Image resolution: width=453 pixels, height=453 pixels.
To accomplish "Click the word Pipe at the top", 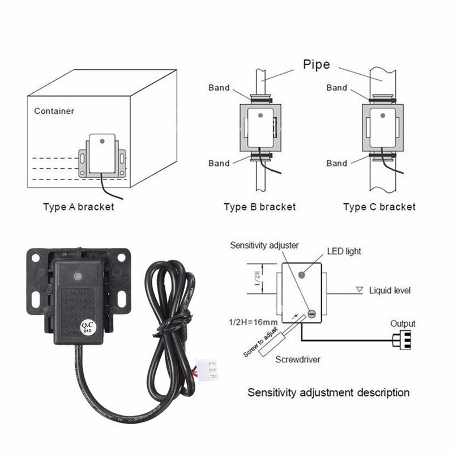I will (316, 65).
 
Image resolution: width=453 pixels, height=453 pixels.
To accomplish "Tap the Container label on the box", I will (54, 111).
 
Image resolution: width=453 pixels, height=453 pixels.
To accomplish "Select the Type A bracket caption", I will (78, 207).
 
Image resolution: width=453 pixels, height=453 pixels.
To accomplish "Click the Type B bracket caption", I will (259, 207).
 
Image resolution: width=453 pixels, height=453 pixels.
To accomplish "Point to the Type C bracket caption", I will (379, 207).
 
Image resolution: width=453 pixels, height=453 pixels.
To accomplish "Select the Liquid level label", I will (390, 290).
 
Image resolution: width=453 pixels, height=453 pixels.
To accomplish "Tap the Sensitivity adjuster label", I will (264, 245).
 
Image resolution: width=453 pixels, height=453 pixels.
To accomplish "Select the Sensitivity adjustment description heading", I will (328, 392).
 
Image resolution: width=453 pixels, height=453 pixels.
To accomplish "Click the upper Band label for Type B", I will (219, 88).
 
